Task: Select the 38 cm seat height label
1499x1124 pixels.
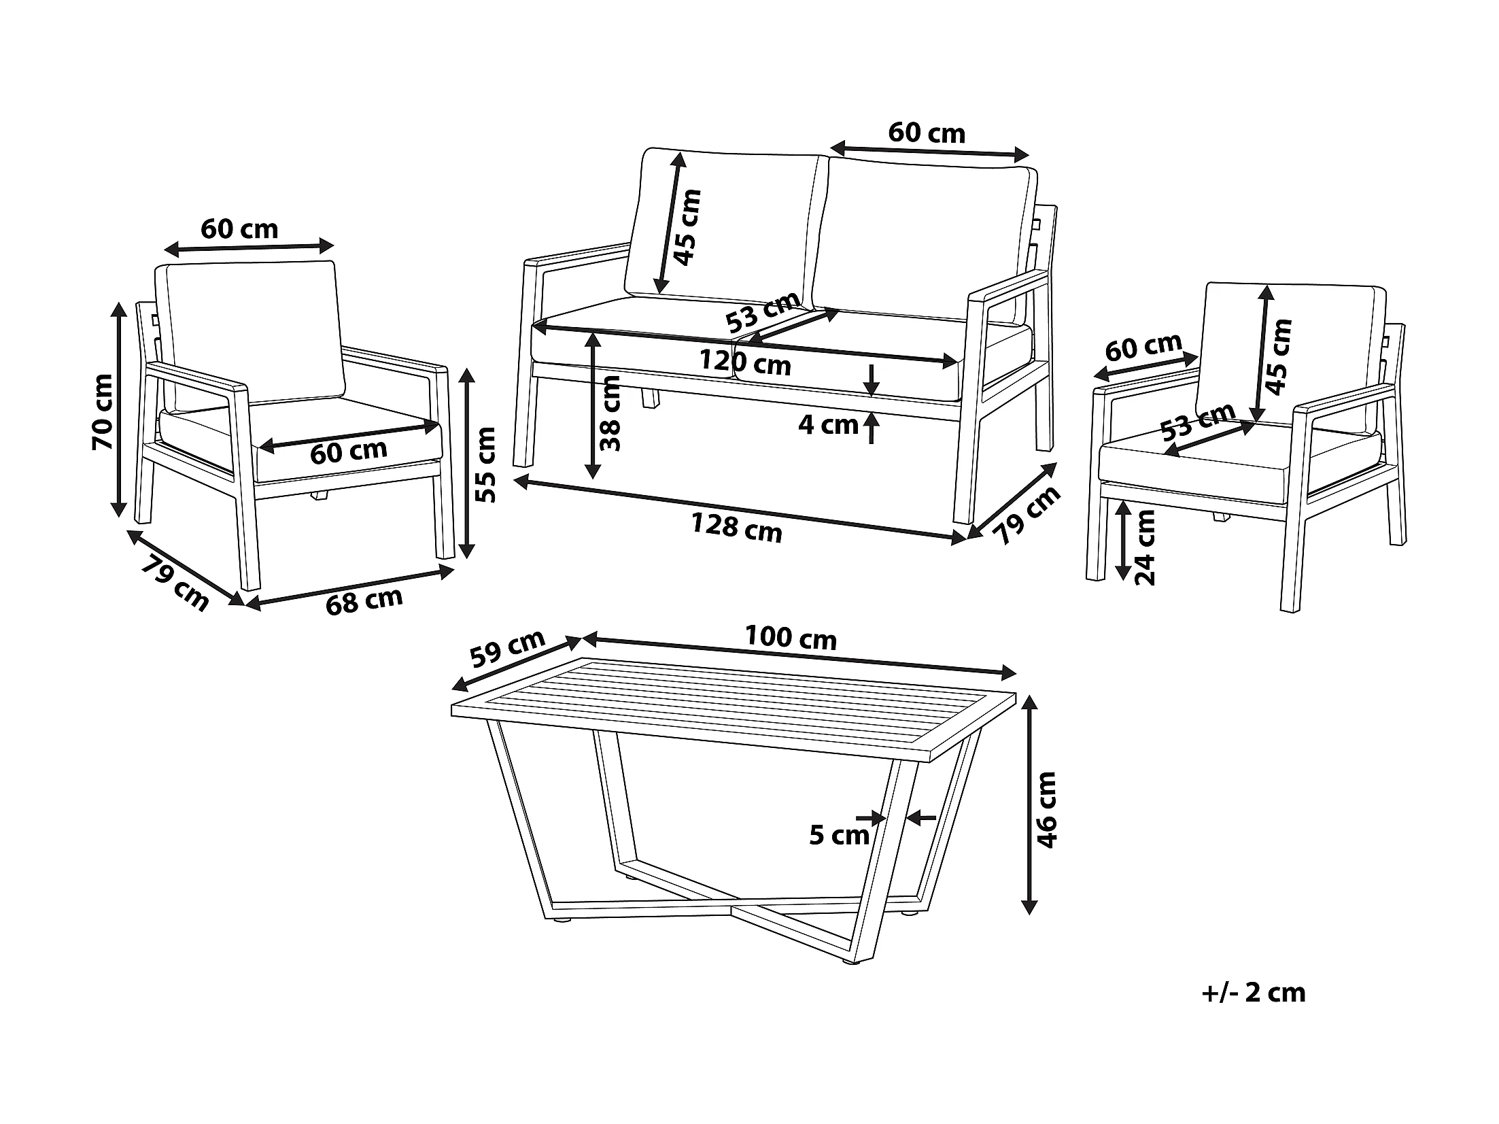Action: tap(610, 413)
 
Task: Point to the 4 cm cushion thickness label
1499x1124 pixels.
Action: tap(827, 425)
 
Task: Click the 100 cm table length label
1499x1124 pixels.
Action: tap(791, 638)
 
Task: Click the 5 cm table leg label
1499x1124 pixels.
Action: tap(839, 835)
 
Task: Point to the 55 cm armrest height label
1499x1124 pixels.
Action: tap(485, 464)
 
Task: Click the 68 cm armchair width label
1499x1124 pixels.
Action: tap(364, 600)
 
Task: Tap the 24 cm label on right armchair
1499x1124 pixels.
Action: tap(1145, 547)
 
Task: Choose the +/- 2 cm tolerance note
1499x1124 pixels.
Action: tap(1254, 993)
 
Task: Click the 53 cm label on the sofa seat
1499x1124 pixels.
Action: tap(761, 311)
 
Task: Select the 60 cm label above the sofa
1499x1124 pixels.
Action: tap(927, 133)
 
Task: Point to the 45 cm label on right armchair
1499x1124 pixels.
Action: tap(1279, 356)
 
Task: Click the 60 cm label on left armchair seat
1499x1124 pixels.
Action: tap(348, 452)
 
